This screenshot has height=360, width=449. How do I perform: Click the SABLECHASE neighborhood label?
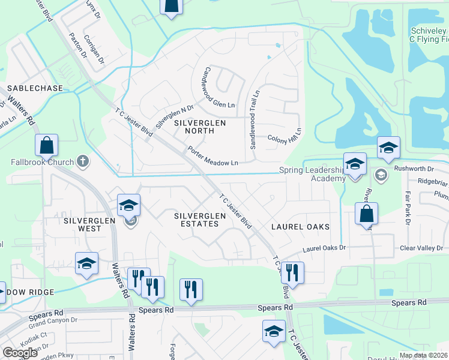pos(34,88)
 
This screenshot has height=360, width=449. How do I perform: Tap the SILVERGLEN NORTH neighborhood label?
pos(200,127)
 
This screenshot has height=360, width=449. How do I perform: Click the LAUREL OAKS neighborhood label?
pos(300,227)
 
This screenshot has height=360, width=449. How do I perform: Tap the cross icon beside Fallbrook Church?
pos(83,161)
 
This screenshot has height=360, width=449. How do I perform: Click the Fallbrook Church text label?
pos(41,162)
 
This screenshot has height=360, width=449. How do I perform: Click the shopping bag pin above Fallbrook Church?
pos(46,146)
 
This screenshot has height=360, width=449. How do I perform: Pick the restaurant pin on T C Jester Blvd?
pos(292,272)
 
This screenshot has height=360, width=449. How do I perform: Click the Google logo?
pos(20,352)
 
